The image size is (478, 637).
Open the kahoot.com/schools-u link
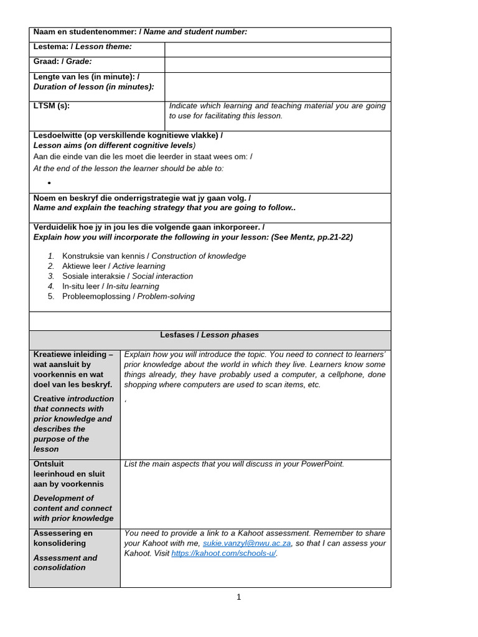[x=223, y=553]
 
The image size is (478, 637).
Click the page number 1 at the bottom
[x=238, y=597]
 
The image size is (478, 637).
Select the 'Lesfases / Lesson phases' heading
[x=209, y=335]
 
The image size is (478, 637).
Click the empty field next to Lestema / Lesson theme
[x=278, y=50]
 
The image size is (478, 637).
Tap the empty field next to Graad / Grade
[x=278, y=65]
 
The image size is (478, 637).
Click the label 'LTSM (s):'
[x=52, y=106]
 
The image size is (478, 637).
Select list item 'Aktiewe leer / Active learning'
[x=113, y=266]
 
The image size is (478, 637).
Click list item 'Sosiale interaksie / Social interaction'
[x=127, y=276]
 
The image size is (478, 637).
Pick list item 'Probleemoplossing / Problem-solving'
[x=128, y=296]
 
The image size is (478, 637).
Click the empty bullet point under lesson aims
[x=49, y=183]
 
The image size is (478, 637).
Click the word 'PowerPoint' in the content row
[x=321, y=463]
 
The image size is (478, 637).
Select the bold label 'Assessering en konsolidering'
[x=63, y=538]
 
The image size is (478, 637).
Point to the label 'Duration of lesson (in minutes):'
[x=93, y=86]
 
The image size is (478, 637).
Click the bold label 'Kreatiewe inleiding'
[x=73, y=355]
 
